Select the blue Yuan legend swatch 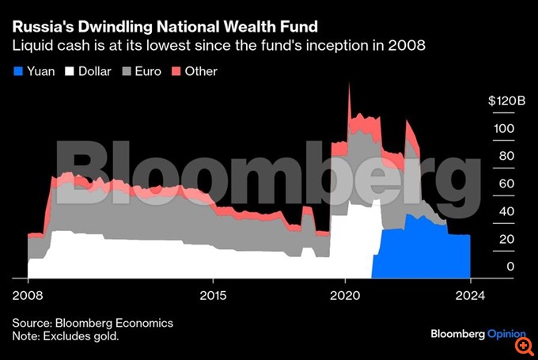pos(18,71)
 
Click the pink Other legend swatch pos(175,71)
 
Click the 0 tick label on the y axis pos(510,267)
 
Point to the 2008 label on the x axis pos(28,295)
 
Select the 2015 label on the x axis pos(213,295)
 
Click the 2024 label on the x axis pos(470,295)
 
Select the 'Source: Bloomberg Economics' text pos(92,323)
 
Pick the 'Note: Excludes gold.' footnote pos(65,337)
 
